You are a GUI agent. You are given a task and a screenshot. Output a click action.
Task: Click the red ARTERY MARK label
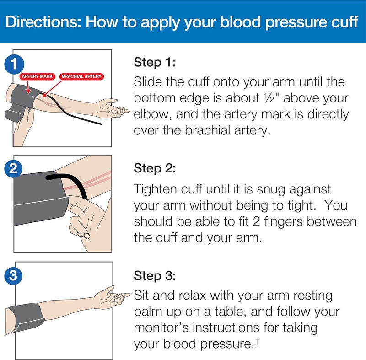click(x=37, y=76)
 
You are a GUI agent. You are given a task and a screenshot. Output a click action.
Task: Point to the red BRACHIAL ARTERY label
click(x=82, y=76)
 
